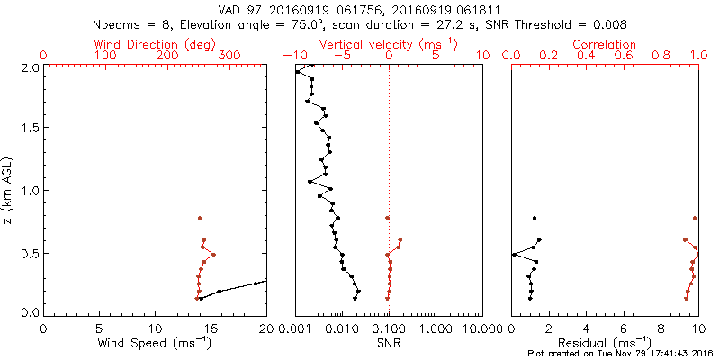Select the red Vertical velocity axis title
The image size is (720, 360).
(x=388, y=43)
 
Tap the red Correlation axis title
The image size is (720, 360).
(x=605, y=43)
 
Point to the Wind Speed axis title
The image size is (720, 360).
(x=156, y=343)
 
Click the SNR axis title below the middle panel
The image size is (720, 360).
(x=388, y=343)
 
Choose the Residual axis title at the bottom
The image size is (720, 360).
(x=605, y=343)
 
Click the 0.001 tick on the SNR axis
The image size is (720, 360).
(x=295, y=330)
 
